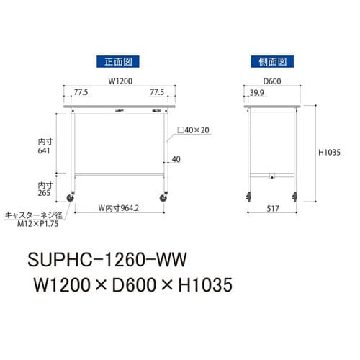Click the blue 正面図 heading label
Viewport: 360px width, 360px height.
coord(118,62)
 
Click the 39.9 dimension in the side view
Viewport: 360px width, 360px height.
coord(255,92)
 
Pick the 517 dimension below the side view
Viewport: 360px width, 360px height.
coord(271,209)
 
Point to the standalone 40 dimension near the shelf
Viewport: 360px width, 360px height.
coord(175,159)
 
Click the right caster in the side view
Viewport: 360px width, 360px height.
coord(294,195)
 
